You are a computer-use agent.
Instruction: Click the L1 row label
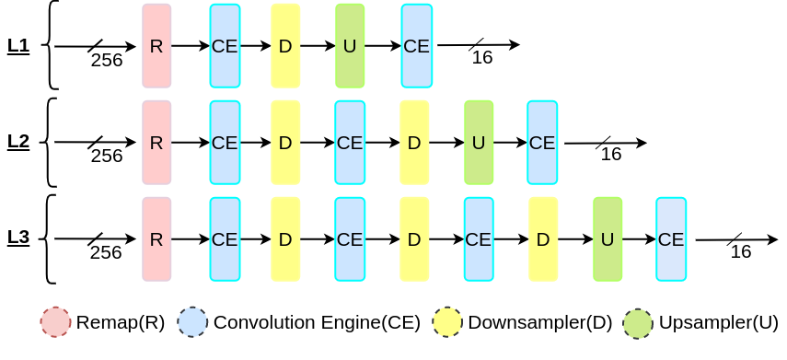tap(18, 46)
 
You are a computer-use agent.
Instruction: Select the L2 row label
tap(18, 142)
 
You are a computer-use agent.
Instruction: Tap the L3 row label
tap(18, 238)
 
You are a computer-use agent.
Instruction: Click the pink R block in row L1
tap(156, 46)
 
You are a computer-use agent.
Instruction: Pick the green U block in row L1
tap(350, 46)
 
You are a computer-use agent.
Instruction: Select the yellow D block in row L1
tap(285, 46)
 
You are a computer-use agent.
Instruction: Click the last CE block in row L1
tap(416, 46)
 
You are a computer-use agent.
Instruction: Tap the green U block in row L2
tap(479, 143)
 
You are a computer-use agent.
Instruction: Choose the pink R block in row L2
tap(156, 143)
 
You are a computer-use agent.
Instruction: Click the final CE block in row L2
tap(542, 143)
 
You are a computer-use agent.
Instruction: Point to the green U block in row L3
tap(608, 239)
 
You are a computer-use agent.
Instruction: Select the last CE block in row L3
tap(671, 239)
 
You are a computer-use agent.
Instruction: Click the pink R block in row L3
tap(156, 239)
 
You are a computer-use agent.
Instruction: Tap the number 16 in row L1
tap(481, 58)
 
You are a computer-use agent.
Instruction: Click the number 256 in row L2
tap(107, 156)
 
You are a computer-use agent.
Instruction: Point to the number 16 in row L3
tap(740, 252)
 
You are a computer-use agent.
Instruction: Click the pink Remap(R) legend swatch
tap(56, 322)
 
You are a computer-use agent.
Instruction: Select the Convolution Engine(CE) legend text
tap(317, 323)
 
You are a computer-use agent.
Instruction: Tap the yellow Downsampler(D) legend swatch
tap(448, 322)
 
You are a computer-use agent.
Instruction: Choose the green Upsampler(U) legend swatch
tap(638, 322)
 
